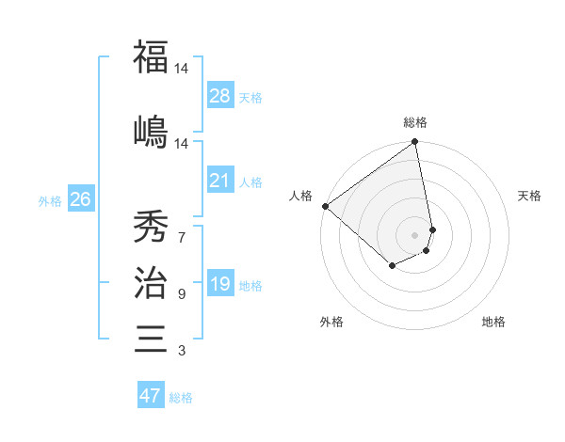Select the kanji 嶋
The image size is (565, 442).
point(151,132)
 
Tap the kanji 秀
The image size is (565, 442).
point(151,225)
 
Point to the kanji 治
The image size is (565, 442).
point(151,281)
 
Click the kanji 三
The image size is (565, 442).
point(151,338)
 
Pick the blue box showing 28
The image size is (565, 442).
point(220,96)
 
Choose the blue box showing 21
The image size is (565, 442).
point(220,181)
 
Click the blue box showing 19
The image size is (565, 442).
point(220,284)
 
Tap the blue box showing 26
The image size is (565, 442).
point(81,199)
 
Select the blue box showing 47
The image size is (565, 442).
point(151,396)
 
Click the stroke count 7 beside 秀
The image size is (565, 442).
point(182,237)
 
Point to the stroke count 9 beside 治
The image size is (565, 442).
point(182,294)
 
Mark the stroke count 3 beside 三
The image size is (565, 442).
point(182,351)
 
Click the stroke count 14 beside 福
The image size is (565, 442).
point(182,69)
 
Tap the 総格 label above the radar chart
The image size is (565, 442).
point(415,122)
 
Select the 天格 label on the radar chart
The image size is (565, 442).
point(529,196)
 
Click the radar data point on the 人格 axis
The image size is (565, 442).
point(325,206)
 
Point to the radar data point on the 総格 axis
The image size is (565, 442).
point(415,143)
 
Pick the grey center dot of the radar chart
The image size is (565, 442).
point(415,234)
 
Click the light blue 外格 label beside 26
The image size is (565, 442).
point(50,200)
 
